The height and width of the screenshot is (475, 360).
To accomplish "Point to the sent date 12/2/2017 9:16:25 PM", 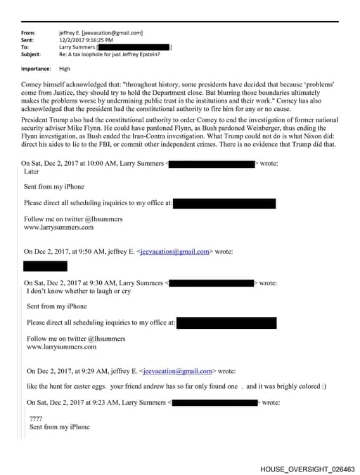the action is tap(84, 39).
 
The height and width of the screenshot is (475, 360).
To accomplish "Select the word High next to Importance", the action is tap(65, 69).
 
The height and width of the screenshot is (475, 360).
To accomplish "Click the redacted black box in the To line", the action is tap(133, 46).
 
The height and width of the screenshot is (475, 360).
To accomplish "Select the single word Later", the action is tap(32, 171).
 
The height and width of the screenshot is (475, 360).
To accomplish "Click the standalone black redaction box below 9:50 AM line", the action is tap(46, 266).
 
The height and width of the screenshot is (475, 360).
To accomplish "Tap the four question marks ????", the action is tap(36, 419).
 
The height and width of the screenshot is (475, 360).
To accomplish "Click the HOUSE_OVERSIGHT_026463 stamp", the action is tap(307, 468).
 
